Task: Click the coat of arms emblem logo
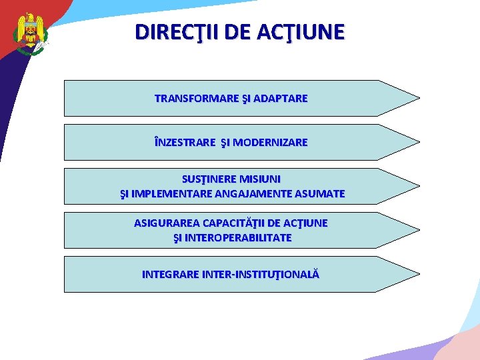(x=30, y=33)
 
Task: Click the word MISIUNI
(x=259, y=179)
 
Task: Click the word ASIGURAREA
(x=165, y=223)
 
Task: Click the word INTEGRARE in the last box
(x=169, y=274)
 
